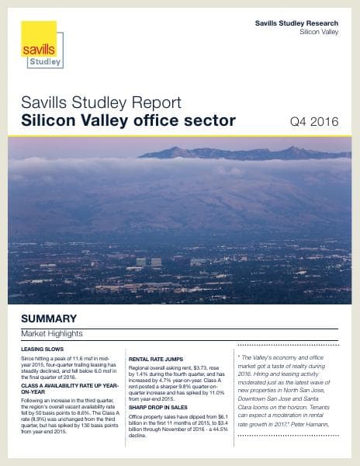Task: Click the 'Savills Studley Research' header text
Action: click(296, 24)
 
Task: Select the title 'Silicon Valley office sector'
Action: click(128, 120)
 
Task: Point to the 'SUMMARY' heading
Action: click(48, 318)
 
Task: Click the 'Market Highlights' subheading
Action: click(51, 333)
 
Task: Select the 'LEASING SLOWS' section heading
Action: click(43, 349)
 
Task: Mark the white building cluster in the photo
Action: click(148, 262)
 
